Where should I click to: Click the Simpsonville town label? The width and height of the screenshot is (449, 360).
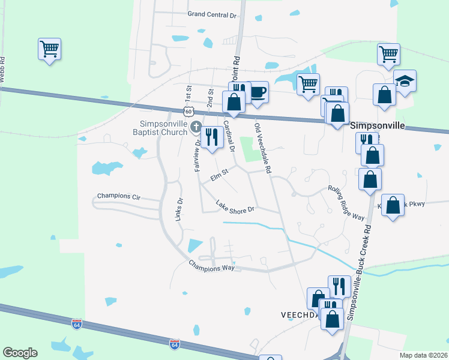point(377,127)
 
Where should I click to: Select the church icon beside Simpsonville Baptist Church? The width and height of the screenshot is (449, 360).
point(196,127)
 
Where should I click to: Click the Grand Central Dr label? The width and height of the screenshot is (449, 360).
point(211,14)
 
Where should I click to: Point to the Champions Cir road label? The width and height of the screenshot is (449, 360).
point(118,197)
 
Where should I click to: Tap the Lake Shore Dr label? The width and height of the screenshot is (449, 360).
point(236,207)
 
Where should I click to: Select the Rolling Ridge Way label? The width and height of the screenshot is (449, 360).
point(346,202)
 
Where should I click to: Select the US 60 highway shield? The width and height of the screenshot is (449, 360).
point(188,112)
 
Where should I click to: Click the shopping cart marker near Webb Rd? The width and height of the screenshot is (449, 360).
point(49,49)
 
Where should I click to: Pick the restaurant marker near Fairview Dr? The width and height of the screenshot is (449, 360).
point(210,137)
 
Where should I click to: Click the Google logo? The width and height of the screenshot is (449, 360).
point(20,353)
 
